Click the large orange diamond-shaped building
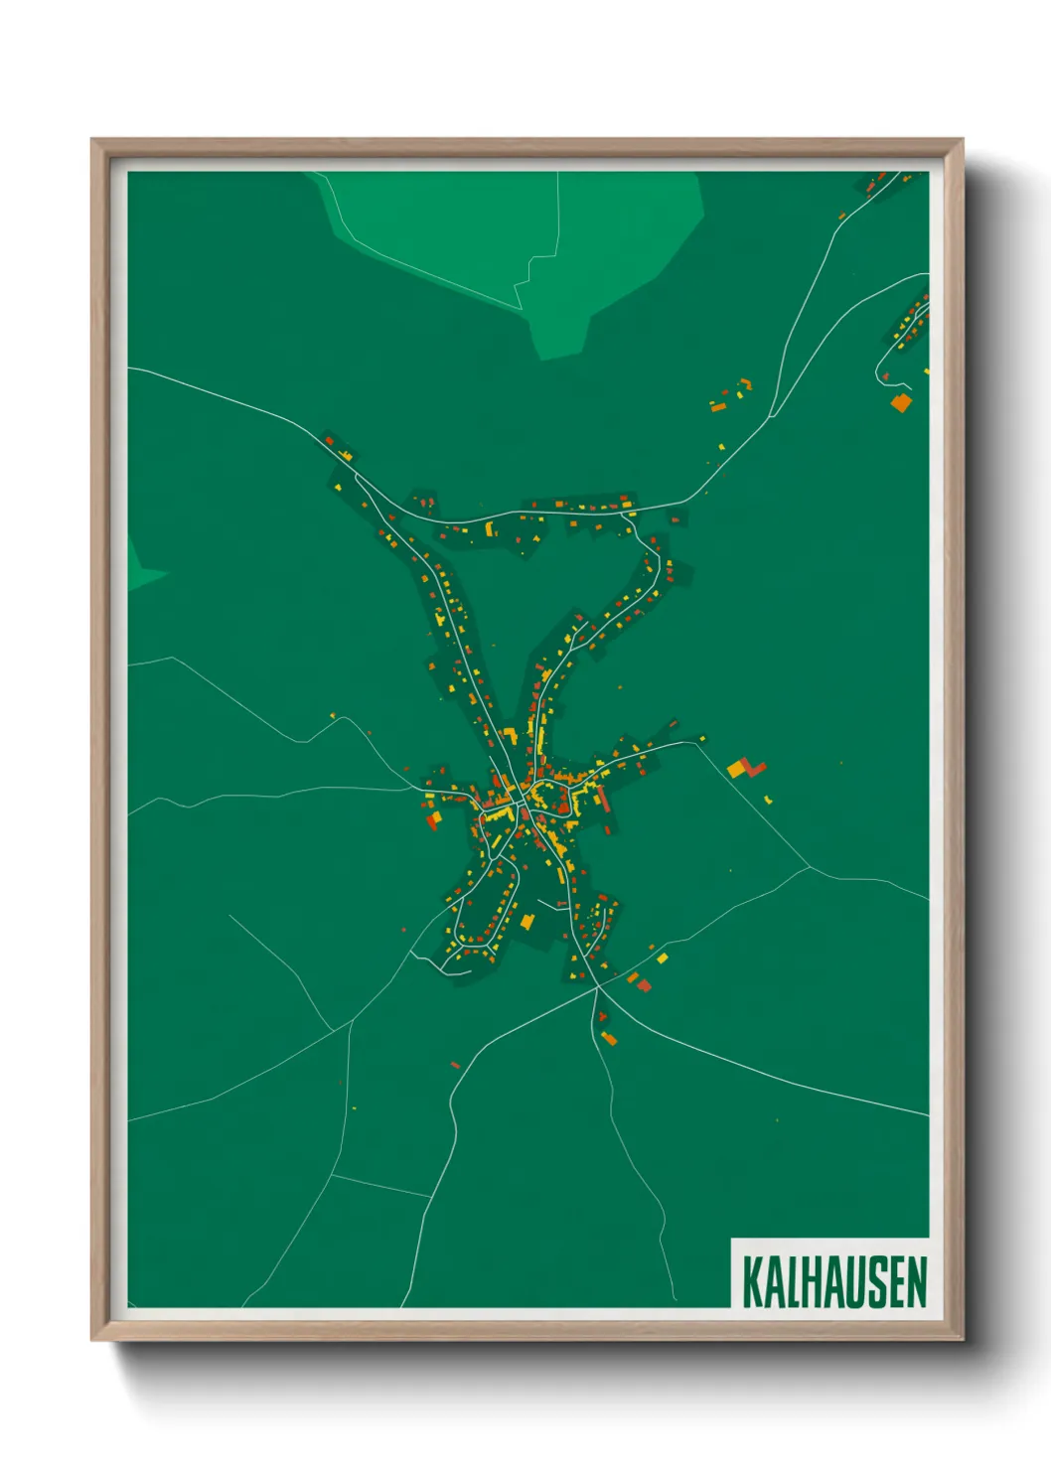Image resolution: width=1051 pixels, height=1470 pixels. pyautogui.click(x=901, y=402)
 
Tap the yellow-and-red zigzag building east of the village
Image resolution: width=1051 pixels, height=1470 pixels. pyautogui.click(x=746, y=768)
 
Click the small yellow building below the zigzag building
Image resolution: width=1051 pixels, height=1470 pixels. pyautogui.click(x=769, y=798)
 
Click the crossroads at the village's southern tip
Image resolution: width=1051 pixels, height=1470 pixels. pyautogui.click(x=597, y=987)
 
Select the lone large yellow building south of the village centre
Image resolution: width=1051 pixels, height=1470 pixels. pyautogui.click(x=526, y=922)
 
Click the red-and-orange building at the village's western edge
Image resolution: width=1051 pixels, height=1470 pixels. pyautogui.click(x=432, y=818)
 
